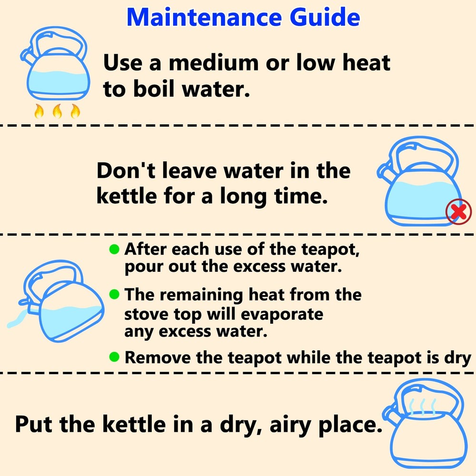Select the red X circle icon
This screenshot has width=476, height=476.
coord(458,212)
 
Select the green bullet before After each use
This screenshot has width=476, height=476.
coord(114,248)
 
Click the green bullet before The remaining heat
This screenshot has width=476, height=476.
coord(114,294)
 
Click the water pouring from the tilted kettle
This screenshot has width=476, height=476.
coord(17,318)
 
